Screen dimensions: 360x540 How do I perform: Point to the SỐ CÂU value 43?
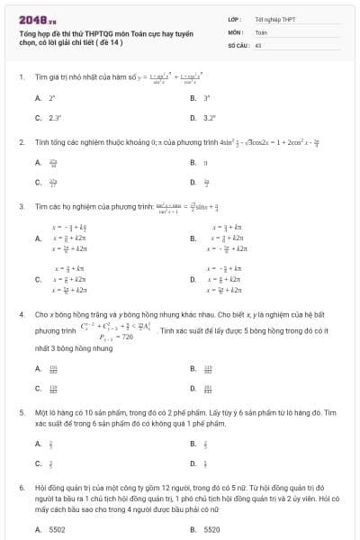[258, 43]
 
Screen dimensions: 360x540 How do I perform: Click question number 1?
[21, 77]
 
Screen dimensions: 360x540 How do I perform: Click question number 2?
[21, 142]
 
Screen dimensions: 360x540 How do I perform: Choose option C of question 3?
[39, 279]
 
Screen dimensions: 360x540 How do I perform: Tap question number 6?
[21, 486]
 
